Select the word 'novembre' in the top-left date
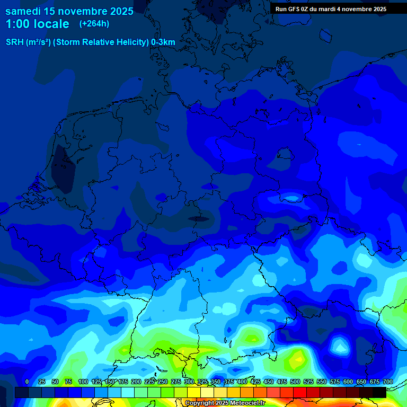[77, 10]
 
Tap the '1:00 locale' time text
[37, 24]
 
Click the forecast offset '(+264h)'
[94, 24]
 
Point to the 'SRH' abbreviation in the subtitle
[14, 42]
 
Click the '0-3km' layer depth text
[163, 42]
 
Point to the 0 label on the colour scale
[27, 382]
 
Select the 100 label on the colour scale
[83, 382]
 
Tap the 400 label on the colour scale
[242, 382]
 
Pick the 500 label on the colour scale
[295, 382]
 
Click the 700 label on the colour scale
[387, 382]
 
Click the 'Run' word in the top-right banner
[281, 9]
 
